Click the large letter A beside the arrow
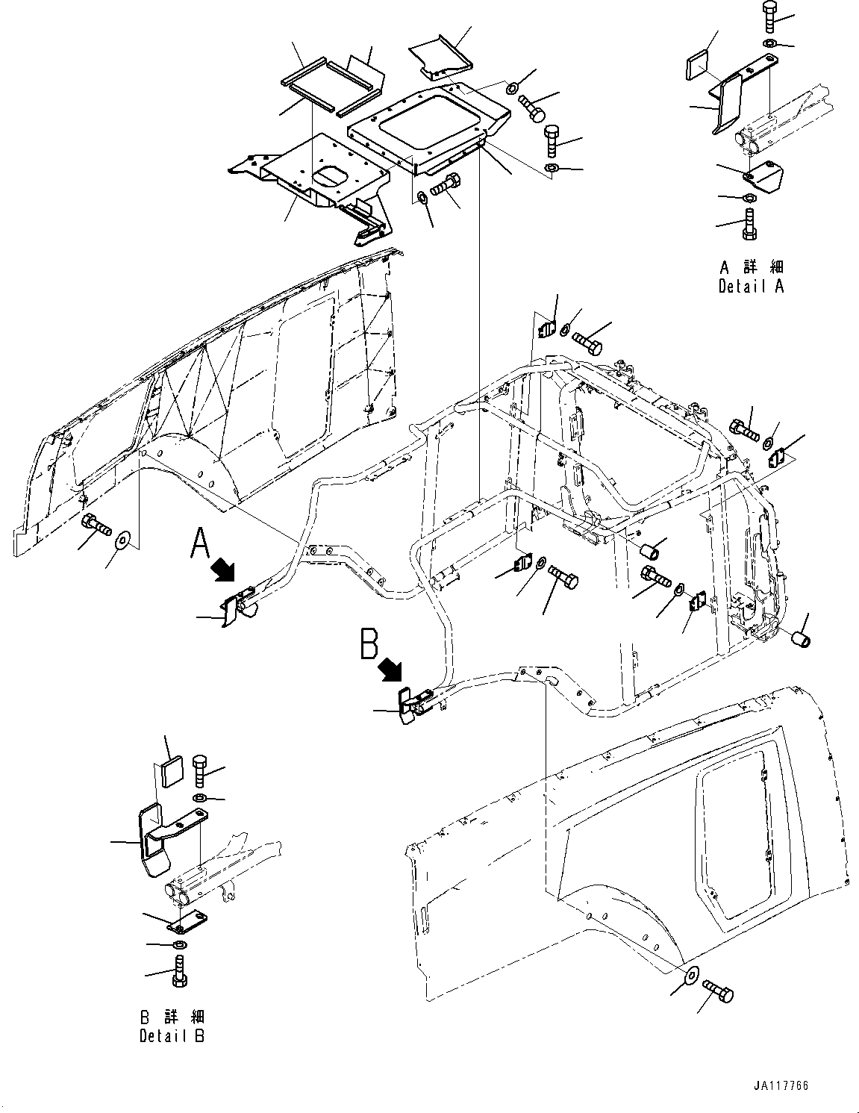(x=200, y=543)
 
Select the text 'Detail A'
(x=751, y=286)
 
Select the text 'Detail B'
(x=172, y=1035)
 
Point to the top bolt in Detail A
(x=769, y=14)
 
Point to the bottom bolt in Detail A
(x=750, y=223)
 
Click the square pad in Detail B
(x=171, y=772)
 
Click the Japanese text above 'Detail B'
(x=172, y=1017)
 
